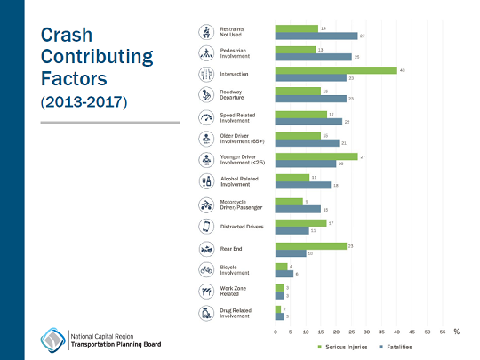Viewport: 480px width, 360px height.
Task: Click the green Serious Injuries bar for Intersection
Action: coord(336,70)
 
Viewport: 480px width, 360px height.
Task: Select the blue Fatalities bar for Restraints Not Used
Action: coord(316,36)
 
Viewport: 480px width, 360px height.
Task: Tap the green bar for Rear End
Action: coord(310,245)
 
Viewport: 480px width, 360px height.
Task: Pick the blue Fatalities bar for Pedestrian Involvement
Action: coord(313,57)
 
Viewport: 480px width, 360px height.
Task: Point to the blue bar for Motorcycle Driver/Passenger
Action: coord(298,208)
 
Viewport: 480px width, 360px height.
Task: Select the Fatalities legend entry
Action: coord(396,346)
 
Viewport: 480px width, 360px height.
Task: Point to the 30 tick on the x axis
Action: coord(366,330)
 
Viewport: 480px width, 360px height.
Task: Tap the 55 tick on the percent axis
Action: coord(442,330)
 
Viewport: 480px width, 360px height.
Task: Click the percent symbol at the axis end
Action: coord(456,330)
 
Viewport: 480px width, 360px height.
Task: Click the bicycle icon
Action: coord(205,269)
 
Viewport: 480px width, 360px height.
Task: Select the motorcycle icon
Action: coord(205,204)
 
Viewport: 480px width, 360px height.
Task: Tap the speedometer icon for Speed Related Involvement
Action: coord(205,117)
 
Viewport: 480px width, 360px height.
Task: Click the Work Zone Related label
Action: coord(235,292)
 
